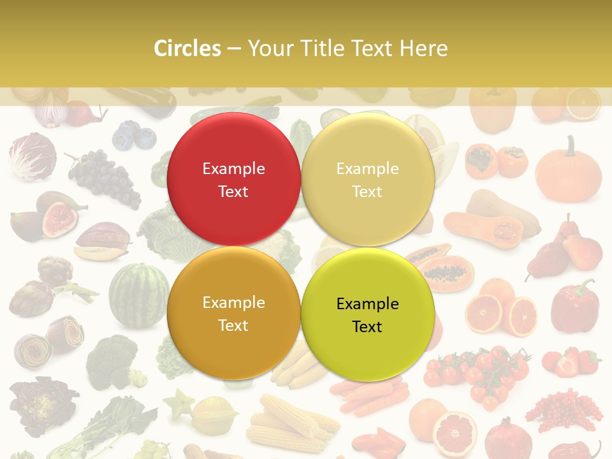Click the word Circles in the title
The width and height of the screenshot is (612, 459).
(x=187, y=48)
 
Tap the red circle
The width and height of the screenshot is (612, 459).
(x=233, y=179)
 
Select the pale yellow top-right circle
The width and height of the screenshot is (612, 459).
(x=368, y=179)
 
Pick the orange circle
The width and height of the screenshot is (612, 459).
(x=233, y=313)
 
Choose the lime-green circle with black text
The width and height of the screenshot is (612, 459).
(x=368, y=314)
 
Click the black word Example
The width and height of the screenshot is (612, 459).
(x=367, y=303)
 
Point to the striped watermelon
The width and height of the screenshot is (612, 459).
(x=138, y=295)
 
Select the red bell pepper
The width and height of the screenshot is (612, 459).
(x=574, y=306)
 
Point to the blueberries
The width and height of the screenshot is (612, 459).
(x=134, y=136)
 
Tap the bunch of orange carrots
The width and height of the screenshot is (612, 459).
(x=370, y=395)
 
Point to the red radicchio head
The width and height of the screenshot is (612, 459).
(x=32, y=156)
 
